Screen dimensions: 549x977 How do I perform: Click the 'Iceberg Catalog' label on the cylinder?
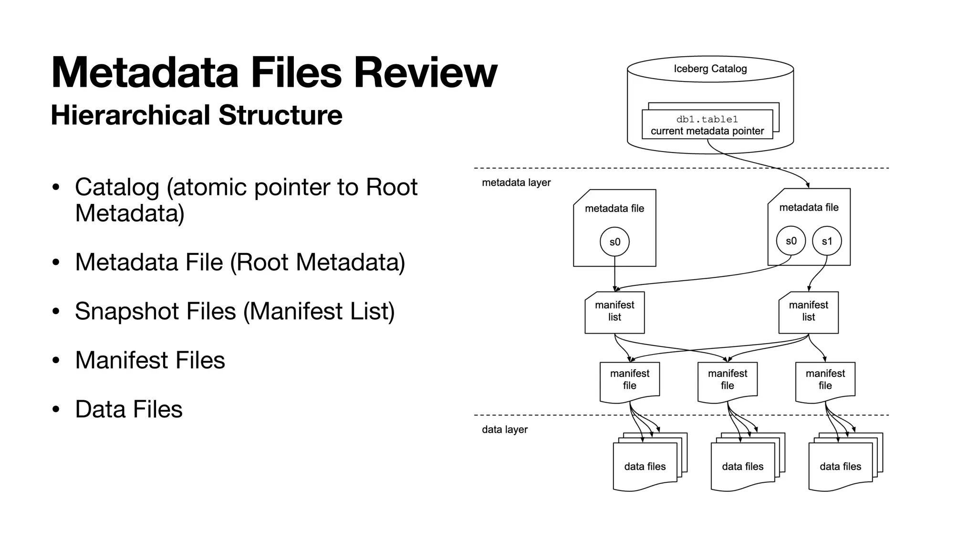[710, 69]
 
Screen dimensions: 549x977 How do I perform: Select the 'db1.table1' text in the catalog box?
[707, 119]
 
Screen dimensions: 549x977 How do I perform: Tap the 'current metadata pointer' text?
[707, 131]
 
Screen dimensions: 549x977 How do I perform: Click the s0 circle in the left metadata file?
[614, 242]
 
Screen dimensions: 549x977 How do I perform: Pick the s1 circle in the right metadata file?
[827, 241]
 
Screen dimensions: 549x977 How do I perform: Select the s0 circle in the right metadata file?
[791, 241]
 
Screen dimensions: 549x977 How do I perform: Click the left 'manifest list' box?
[614, 312]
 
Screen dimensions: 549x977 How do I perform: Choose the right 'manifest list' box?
[808, 312]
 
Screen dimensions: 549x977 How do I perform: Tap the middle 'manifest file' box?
[727, 380]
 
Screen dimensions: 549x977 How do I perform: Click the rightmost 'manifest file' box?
[825, 380]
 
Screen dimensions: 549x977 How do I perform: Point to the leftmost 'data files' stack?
[645, 466]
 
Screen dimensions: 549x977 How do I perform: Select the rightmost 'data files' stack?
[840, 466]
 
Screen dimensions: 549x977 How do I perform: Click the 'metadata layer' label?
[516, 183]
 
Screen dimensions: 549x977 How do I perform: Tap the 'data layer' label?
[505, 429]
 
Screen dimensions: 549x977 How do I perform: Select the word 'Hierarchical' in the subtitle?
[130, 115]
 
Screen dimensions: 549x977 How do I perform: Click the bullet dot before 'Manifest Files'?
[56, 360]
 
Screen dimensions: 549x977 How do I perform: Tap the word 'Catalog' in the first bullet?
[117, 187]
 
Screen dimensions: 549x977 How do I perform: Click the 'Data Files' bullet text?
[129, 409]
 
